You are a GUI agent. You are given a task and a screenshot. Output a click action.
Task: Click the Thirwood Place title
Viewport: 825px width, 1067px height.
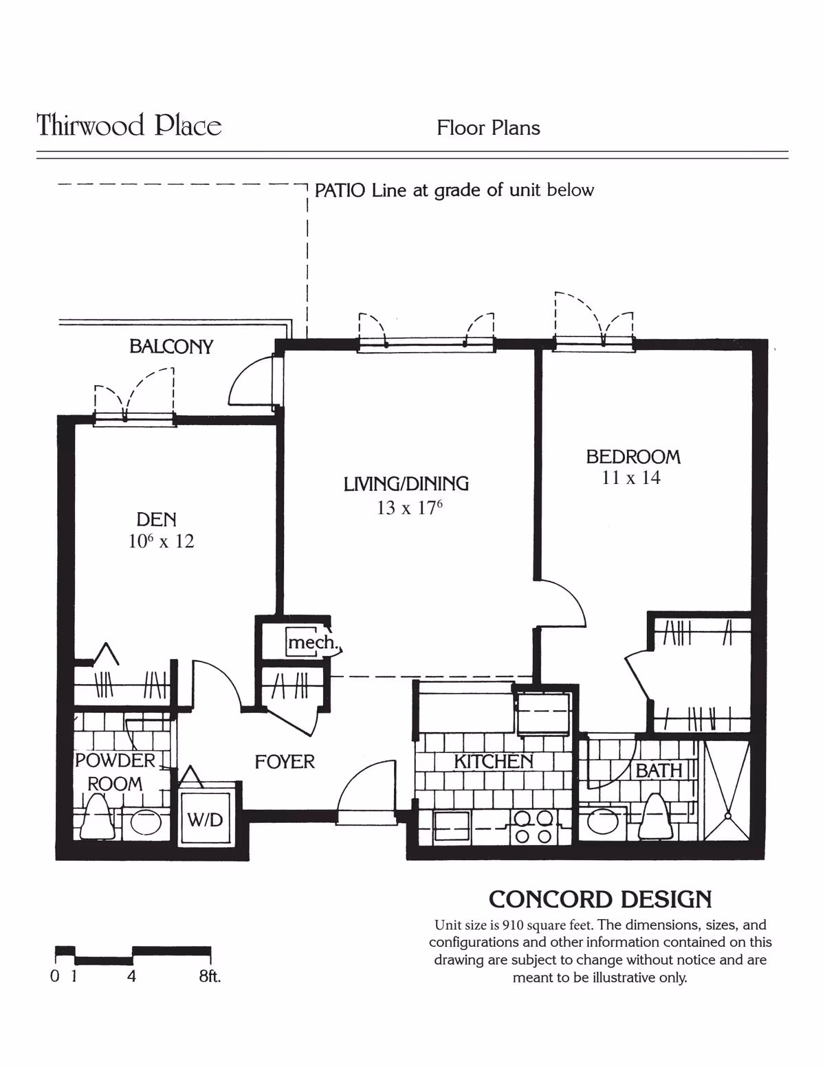tap(129, 126)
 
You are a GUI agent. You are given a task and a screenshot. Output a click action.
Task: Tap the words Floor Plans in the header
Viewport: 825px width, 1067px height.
tap(488, 128)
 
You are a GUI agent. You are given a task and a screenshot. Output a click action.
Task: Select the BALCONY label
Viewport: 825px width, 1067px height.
tap(171, 346)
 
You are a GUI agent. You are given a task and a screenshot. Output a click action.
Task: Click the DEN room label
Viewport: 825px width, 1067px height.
tap(156, 520)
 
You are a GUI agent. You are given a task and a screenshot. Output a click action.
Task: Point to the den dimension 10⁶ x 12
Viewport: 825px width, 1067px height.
tap(161, 542)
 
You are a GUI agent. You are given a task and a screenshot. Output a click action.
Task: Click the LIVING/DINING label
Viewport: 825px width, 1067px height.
tap(406, 484)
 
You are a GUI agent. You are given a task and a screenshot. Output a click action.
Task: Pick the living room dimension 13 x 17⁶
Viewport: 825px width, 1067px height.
tap(409, 508)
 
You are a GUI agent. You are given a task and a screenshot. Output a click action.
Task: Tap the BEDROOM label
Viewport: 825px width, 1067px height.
tap(632, 457)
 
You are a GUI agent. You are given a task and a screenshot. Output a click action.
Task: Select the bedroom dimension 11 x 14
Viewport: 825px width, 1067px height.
tap(630, 478)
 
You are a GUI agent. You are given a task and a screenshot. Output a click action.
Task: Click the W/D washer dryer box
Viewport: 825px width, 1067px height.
tap(205, 819)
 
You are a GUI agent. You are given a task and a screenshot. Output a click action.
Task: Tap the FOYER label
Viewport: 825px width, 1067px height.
tap(285, 762)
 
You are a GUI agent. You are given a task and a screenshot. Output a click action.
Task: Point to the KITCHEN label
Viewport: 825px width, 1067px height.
tap(493, 762)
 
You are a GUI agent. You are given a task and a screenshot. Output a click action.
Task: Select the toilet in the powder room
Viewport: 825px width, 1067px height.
tap(97, 818)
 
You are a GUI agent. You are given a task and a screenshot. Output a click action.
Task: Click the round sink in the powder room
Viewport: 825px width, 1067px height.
tap(145, 822)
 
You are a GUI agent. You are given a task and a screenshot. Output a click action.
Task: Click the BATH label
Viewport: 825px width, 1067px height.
tap(659, 771)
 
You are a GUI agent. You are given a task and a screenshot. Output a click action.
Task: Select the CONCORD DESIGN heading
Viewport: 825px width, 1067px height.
tap(599, 900)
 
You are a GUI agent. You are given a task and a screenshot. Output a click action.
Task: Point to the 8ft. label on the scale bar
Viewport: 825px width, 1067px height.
tap(210, 976)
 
